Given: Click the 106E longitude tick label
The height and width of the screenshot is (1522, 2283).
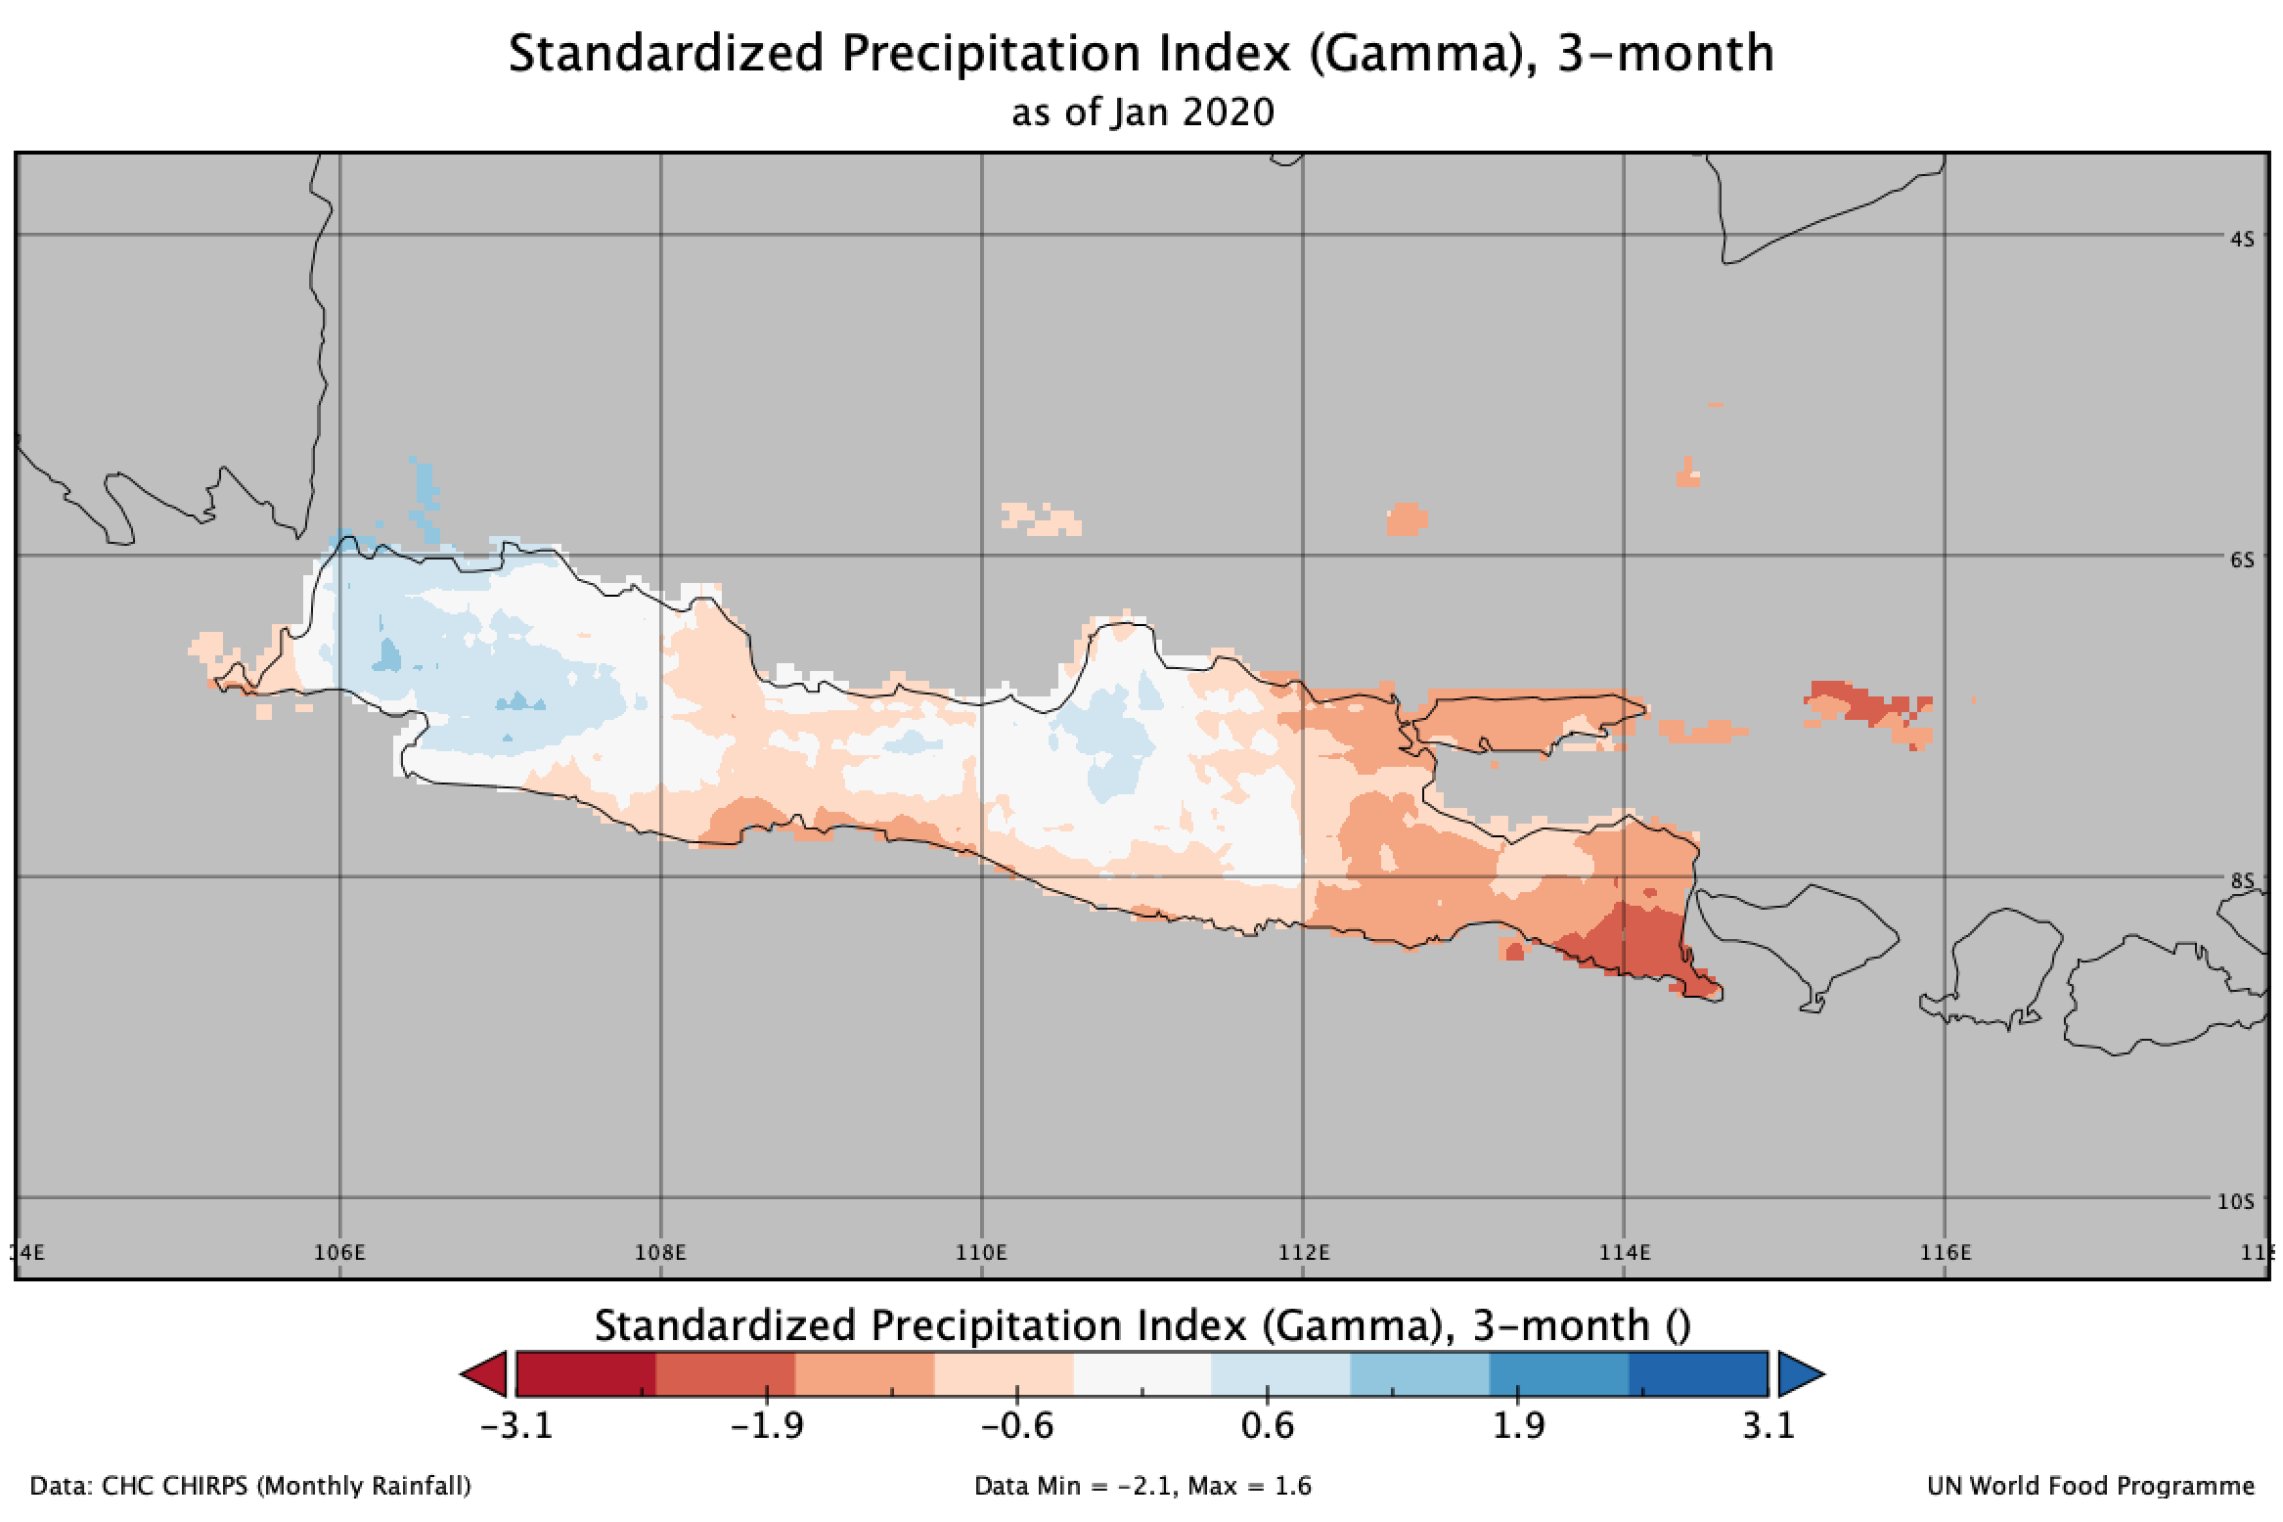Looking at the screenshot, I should tap(339, 1253).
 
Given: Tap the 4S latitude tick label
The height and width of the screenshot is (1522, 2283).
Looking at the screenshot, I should tap(2243, 239).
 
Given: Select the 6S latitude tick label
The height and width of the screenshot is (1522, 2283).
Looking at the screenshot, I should tap(2243, 560).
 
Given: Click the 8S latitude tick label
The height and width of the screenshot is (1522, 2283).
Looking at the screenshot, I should tap(2243, 880).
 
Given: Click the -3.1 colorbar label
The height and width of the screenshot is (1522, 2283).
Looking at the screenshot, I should tap(516, 1426).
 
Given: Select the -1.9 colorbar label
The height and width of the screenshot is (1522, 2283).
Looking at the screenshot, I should tap(767, 1426).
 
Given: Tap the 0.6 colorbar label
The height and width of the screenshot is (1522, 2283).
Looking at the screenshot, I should tap(1268, 1426).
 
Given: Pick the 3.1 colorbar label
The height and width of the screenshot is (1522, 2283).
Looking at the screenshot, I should tap(1768, 1426).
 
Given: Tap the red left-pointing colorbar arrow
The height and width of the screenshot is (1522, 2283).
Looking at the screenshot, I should tap(485, 1374).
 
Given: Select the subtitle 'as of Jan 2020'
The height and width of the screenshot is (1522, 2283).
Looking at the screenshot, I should tap(1142, 113).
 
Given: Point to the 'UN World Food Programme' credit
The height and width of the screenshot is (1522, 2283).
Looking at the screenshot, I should tap(2090, 1487).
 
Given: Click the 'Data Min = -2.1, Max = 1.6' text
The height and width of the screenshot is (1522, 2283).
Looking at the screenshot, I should tap(1142, 1487).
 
